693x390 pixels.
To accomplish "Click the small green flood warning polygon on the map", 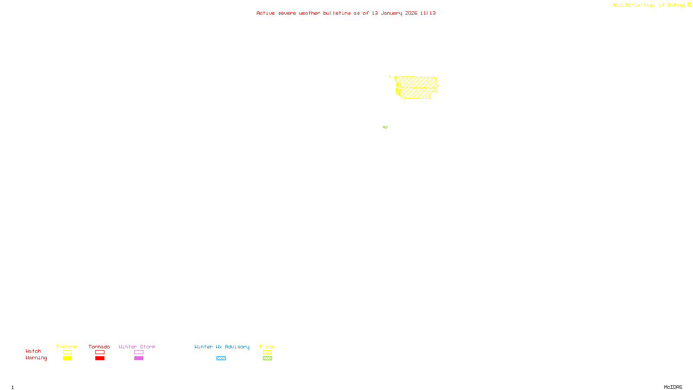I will (385, 127).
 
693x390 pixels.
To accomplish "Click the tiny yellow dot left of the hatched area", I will (390, 77).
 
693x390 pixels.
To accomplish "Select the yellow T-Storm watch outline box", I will (67, 352).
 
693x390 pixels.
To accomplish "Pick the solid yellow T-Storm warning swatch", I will (67, 358).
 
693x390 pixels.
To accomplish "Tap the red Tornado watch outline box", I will (100, 352).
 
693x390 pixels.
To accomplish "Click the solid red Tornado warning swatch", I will (100, 358).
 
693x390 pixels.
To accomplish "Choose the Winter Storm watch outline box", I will (139, 352).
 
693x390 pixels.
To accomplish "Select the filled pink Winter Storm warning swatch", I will (139, 358).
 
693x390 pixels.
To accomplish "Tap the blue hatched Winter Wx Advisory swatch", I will (221, 358).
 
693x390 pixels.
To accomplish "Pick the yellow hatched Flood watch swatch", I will (267, 352).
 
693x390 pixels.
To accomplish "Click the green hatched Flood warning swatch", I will (267, 358).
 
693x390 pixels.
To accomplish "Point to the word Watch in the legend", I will (33, 351).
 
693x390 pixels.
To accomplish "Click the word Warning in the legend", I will (36, 358).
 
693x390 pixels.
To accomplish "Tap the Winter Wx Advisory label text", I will (222, 347).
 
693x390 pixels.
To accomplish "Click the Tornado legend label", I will (99, 347).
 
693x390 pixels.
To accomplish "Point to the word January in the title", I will (392, 13).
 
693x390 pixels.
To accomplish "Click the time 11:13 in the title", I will (428, 13).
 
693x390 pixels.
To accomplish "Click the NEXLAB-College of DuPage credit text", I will (649, 5).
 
